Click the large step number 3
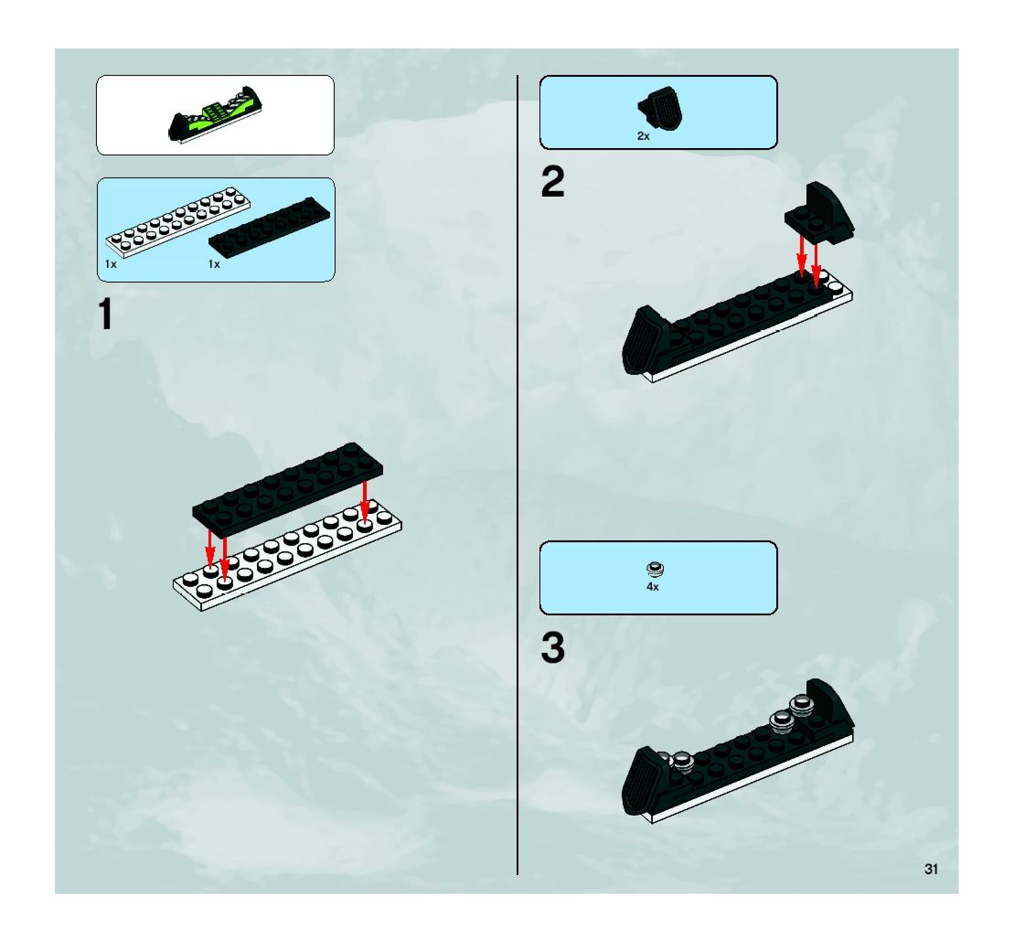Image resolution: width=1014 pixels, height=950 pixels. tap(553, 648)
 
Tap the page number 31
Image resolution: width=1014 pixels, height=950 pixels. tap(931, 869)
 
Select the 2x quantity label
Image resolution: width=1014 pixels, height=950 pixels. tap(643, 136)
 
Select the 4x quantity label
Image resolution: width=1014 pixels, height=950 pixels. tap(652, 587)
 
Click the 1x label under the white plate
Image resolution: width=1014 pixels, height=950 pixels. tap(111, 264)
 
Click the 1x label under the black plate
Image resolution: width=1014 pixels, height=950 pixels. tap(214, 264)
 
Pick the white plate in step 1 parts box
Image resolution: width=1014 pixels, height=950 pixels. tap(177, 221)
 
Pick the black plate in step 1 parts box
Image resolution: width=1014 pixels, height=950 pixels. tap(269, 225)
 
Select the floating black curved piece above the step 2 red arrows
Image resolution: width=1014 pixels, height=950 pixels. tap(820, 213)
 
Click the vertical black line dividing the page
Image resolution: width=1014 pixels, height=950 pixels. tap(518, 475)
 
